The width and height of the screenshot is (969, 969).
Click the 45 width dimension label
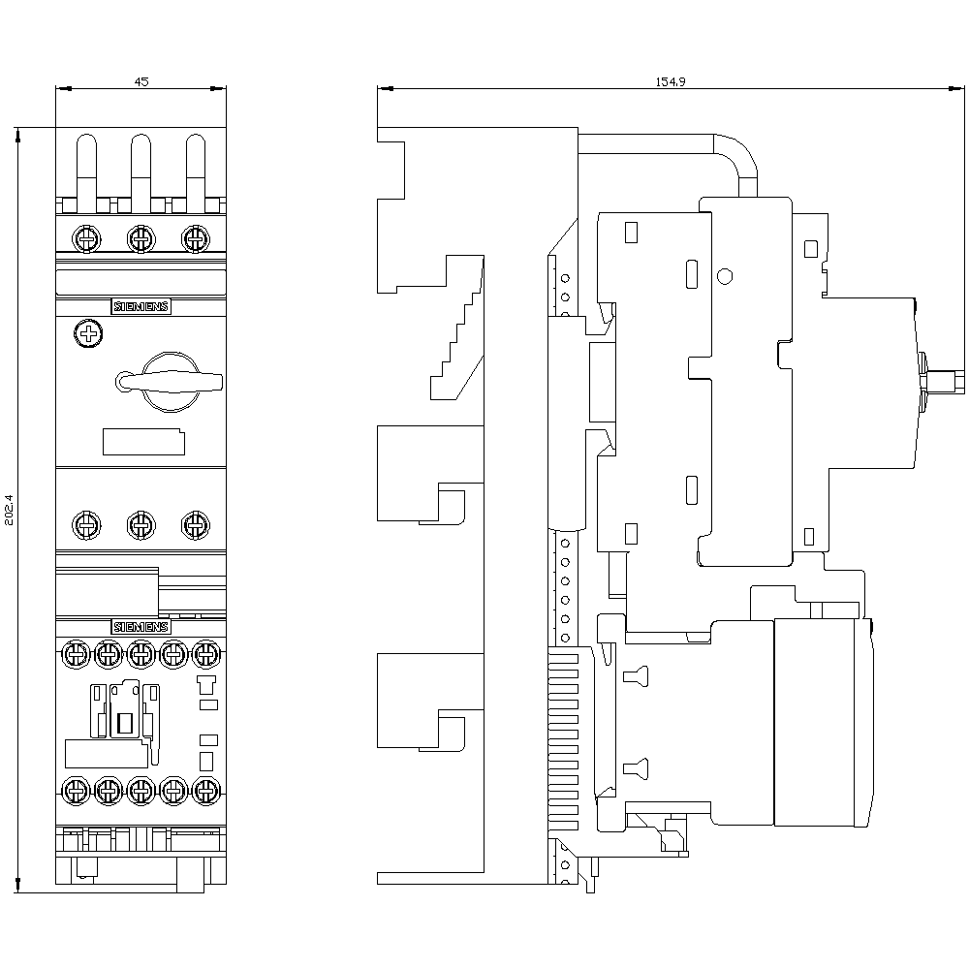[141, 82]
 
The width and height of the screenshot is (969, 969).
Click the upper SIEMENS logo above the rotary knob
[141, 307]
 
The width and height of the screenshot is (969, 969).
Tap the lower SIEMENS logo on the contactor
[141, 626]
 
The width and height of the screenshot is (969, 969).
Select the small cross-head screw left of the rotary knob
[87, 335]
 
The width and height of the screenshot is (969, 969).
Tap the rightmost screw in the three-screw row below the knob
[196, 525]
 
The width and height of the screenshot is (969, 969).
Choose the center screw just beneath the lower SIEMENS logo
[141, 655]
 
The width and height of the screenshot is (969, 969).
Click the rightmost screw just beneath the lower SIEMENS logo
[204, 655]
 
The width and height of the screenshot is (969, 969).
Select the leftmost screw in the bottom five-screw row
[77, 790]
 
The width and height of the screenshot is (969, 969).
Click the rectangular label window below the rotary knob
[143, 442]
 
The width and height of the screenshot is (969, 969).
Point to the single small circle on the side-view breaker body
[724, 277]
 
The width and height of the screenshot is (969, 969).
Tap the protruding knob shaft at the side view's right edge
[945, 381]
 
